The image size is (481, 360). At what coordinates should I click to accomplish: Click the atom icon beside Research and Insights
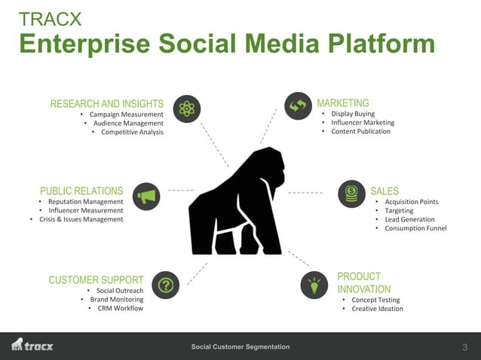pyautogui.click(x=186, y=109)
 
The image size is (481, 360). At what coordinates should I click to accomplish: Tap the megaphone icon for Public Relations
pyautogui.click(x=146, y=196)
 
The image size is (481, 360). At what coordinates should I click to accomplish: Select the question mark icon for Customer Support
pyautogui.click(x=166, y=285)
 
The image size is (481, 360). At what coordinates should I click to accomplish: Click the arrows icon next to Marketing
pyautogui.click(x=297, y=106)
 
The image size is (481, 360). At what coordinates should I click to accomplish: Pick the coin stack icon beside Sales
pyautogui.click(x=351, y=194)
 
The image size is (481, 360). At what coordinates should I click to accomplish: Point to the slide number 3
pyautogui.click(x=464, y=347)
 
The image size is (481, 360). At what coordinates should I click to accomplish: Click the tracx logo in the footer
pyautogui.click(x=32, y=346)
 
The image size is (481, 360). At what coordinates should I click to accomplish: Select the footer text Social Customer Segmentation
pyautogui.click(x=240, y=346)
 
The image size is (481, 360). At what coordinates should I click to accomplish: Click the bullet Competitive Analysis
pyautogui.click(x=132, y=133)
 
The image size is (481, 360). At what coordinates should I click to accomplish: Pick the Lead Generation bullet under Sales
pyautogui.click(x=409, y=219)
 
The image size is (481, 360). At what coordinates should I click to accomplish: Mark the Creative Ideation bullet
pyautogui.click(x=377, y=308)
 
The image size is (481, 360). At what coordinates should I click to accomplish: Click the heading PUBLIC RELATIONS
pyautogui.click(x=81, y=191)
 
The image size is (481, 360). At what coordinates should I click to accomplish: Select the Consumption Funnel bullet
pyautogui.click(x=415, y=228)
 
